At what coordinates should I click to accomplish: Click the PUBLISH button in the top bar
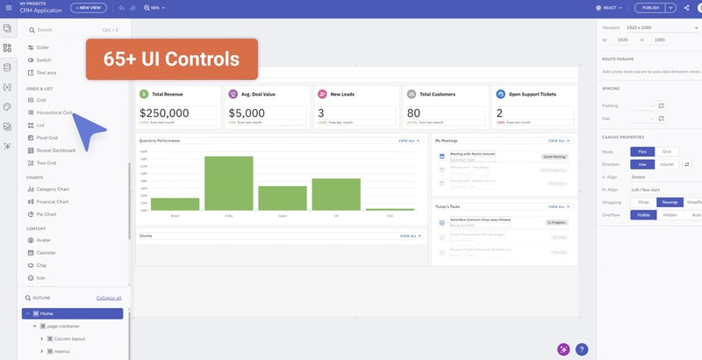click(650, 7)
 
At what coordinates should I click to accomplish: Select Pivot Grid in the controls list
click(47, 138)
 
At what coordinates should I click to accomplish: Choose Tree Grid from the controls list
click(46, 162)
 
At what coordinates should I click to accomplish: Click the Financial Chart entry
click(53, 202)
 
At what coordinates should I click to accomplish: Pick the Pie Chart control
click(47, 214)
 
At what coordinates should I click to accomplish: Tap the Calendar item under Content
click(46, 252)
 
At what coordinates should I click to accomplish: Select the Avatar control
click(43, 240)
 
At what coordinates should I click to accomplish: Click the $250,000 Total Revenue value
click(164, 113)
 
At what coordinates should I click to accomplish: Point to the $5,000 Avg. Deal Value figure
click(247, 113)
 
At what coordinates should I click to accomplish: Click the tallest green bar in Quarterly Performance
click(228, 184)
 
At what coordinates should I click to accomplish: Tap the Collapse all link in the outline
click(109, 298)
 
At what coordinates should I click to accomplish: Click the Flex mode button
click(642, 152)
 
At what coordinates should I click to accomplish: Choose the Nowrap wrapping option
click(670, 202)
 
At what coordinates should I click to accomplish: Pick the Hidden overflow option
click(670, 215)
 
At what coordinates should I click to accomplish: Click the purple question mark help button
click(582, 349)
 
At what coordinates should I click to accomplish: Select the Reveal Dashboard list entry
click(55, 150)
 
